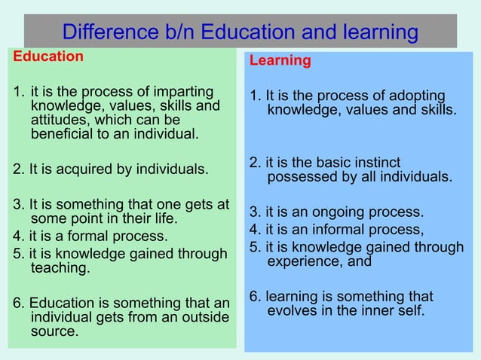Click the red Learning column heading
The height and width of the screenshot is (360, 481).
(x=280, y=61)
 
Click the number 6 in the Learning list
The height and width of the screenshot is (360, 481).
(x=254, y=296)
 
